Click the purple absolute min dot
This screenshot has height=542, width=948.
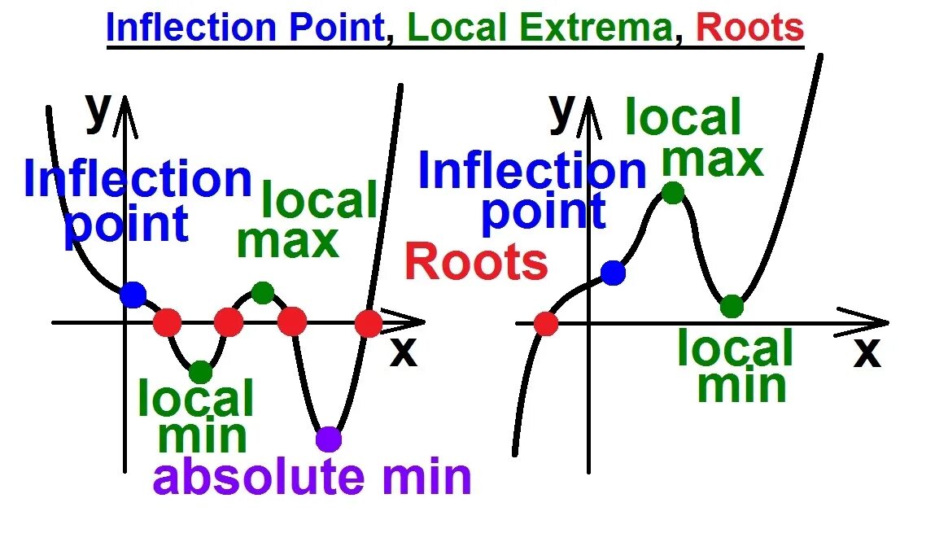(329, 439)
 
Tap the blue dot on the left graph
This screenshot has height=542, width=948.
(133, 294)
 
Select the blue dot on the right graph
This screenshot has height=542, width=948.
(614, 273)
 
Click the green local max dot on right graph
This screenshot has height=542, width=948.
(673, 193)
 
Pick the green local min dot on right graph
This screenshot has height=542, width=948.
(732, 307)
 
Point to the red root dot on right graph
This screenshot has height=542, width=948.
(546, 324)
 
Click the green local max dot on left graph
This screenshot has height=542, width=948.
(262, 292)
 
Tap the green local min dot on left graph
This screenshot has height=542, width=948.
(200, 372)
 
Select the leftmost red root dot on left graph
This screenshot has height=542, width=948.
(168, 322)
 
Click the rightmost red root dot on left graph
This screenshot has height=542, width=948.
(369, 323)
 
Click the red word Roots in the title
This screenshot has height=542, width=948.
(750, 28)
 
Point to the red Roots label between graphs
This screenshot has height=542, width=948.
(476, 263)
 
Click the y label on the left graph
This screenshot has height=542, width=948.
(98, 111)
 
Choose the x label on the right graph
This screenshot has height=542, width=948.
(867, 352)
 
